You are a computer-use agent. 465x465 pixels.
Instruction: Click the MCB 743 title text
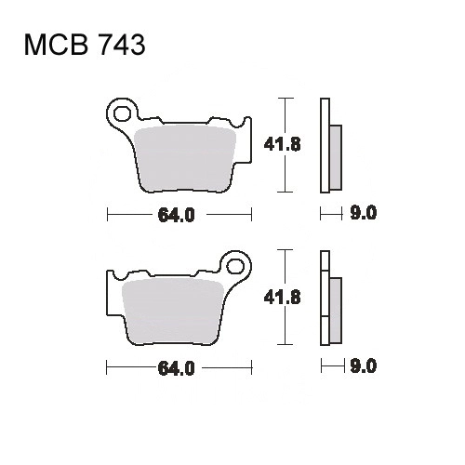85,45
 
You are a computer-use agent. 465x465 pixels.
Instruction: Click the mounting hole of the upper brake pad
122,113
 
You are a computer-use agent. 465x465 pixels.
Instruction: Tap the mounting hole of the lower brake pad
235,266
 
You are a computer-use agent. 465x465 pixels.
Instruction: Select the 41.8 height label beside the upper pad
282,144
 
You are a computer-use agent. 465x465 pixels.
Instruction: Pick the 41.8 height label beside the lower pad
282,298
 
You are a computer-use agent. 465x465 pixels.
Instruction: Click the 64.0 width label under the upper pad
176,215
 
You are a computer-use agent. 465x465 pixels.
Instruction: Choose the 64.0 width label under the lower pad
176,368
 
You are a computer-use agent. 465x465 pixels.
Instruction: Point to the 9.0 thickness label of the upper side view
364,213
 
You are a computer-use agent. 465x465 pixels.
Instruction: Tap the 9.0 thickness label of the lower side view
364,366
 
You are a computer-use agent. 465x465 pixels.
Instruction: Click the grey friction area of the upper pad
185,160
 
